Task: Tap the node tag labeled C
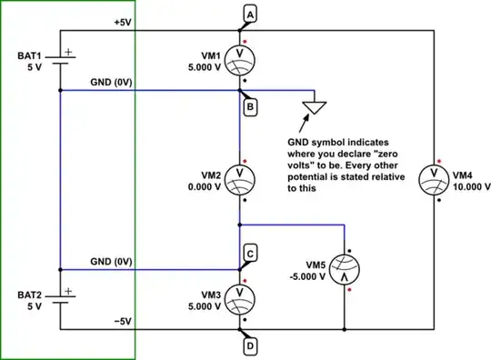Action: tap(250, 253)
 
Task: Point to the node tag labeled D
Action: tap(250, 345)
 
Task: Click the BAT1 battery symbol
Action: tap(60, 60)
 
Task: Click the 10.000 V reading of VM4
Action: tap(471, 186)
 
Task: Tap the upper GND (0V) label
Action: tap(111, 82)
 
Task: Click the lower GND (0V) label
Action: tap(111, 261)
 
